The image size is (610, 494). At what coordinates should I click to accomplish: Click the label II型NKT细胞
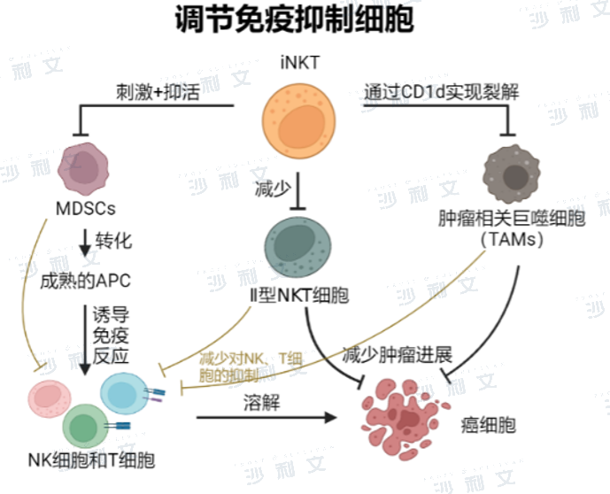point(297,297)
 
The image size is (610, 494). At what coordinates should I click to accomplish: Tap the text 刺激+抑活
point(157,91)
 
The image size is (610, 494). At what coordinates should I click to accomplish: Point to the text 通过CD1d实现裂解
point(441,91)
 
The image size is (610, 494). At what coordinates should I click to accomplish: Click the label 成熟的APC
point(85,281)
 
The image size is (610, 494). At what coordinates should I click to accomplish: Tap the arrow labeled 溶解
point(266,416)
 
